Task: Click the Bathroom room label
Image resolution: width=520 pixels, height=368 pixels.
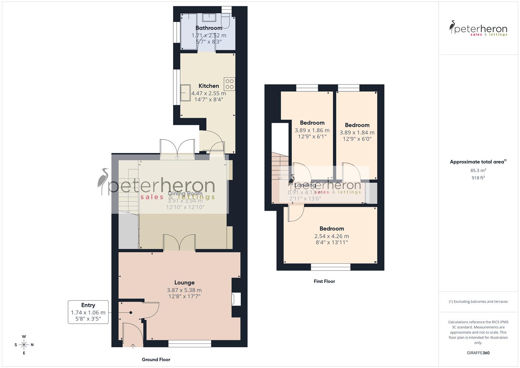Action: pos(209,28)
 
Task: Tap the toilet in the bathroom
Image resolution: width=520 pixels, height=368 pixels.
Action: pos(225,21)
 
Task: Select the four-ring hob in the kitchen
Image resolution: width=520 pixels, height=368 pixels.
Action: pos(229,84)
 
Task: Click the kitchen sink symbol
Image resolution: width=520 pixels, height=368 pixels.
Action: pos(186,93)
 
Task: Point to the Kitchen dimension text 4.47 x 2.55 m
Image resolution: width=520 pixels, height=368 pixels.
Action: pos(208,93)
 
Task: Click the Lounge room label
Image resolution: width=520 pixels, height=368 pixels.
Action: pos(184,282)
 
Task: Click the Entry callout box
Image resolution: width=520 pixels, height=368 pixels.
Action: pos(88,312)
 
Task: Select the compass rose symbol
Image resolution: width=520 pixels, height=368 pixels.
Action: pos(24,345)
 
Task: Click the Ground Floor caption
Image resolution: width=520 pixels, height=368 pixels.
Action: pos(156,359)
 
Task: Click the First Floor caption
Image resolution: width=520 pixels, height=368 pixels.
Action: pos(324,281)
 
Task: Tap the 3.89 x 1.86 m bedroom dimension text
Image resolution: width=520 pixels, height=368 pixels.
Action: pos(312,130)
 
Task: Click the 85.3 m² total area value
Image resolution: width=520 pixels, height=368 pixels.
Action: pos(478,170)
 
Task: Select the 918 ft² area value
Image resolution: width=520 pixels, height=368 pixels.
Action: pos(478,178)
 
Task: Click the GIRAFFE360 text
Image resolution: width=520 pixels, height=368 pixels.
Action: pos(478,353)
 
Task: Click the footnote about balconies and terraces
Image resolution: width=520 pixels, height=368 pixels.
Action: pos(478,302)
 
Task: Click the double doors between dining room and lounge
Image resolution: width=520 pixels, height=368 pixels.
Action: pos(179,243)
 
